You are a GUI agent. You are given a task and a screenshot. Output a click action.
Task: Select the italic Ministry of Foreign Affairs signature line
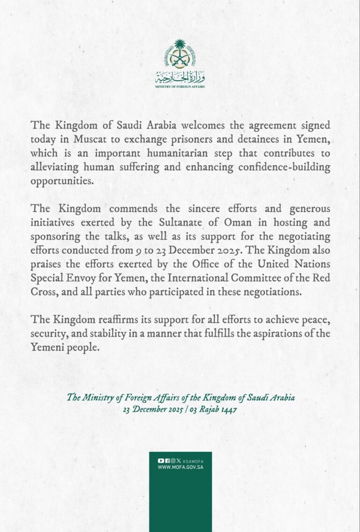(x=180, y=397)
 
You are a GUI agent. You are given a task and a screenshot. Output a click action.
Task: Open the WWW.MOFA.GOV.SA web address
(x=180, y=467)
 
